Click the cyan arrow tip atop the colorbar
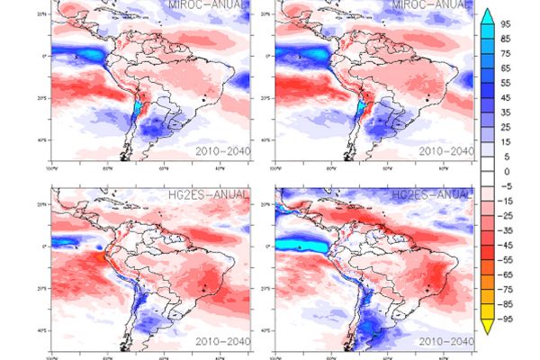click(x=487, y=13)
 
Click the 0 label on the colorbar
click(x=507, y=171)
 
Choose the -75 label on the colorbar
click(x=507, y=288)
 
